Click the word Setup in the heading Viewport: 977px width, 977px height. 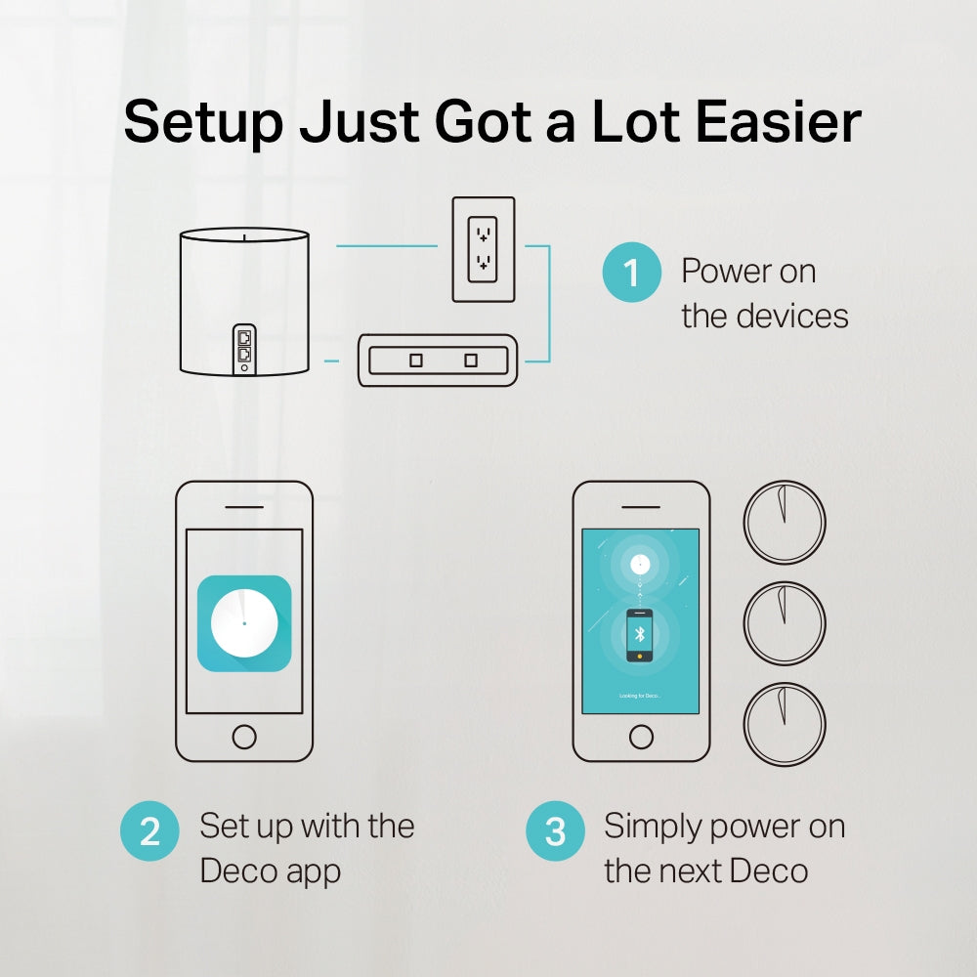tap(202, 123)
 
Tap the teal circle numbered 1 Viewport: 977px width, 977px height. tap(631, 272)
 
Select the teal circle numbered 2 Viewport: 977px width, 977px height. tap(149, 831)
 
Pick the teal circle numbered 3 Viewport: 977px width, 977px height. tap(555, 831)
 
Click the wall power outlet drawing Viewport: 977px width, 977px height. tap(482, 249)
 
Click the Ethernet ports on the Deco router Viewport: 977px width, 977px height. tap(244, 346)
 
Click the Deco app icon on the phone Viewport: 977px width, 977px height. tap(244, 623)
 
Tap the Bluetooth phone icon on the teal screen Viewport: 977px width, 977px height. tap(640, 635)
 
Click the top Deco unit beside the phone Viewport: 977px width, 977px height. tap(785, 522)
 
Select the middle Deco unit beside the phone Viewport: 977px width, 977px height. tap(785, 623)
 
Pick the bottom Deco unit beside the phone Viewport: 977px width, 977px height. tap(785, 725)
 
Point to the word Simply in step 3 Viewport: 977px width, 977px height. tap(654, 827)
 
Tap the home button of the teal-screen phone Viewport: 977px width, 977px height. tap(641, 736)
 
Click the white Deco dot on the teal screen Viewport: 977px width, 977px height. tap(640, 564)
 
